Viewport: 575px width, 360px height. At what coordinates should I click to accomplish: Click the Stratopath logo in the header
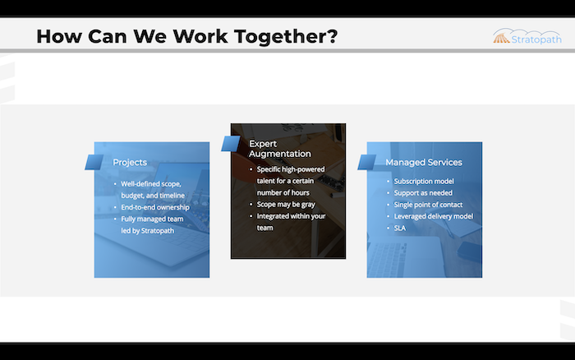coord(527,37)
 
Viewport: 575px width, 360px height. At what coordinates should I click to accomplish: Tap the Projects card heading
coord(130,162)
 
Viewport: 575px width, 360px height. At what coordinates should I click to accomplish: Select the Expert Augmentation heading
coord(280,149)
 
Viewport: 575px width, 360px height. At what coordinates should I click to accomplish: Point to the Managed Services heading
coord(424,162)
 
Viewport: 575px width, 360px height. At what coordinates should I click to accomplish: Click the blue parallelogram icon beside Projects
coord(94,162)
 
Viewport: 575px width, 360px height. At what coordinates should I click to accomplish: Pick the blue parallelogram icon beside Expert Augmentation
coord(231,144)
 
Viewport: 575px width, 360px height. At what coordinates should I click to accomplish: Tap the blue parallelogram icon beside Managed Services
coord(366,162)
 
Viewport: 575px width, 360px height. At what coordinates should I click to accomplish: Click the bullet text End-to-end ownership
coord(155,207)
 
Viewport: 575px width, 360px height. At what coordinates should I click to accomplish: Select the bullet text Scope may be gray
coord(286,205)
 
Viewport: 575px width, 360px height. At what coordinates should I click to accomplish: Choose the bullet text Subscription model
coord(424,182)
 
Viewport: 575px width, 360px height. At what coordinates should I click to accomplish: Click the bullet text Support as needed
coord(423,193)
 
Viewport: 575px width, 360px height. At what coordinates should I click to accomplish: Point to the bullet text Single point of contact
coord(428,205)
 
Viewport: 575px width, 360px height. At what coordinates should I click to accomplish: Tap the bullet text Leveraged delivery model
coord(434,216)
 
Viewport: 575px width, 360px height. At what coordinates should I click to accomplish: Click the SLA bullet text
coord(400,228)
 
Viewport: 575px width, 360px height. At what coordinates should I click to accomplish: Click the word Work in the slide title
coord(200,37)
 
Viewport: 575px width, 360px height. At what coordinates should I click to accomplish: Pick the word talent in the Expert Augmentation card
coord(265,181)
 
